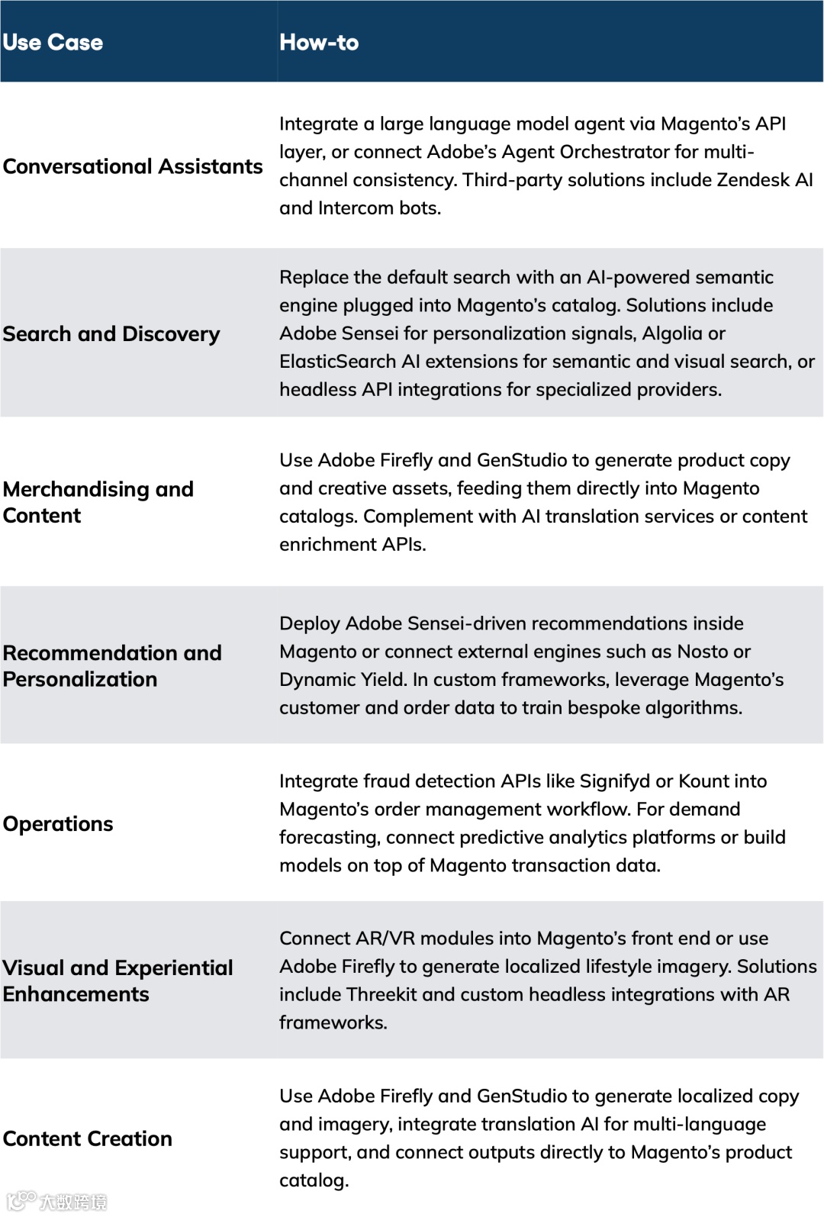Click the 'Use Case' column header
pyautogui.click(x=53, y=43)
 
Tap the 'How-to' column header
pyautogui.click(x=319, y=43)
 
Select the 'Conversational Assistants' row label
pyautogui.click(x=133, y=166)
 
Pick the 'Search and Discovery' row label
pyautogui.click(x=111, y=334)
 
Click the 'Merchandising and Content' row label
pyautogui.click(x=98, y=502)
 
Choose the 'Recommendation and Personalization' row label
pyautogui.click(x=112, y=666)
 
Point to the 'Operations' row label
pyautogui.click(x=58, y=824)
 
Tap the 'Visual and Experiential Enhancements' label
pyautogui.click(x=117, y=981)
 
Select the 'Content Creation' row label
pyautogui.click(x=88, y=1138)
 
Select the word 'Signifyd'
pyautogui.click(x=615, y=781)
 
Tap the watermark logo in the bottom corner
pyautogui.click(x=56, y=1201)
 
